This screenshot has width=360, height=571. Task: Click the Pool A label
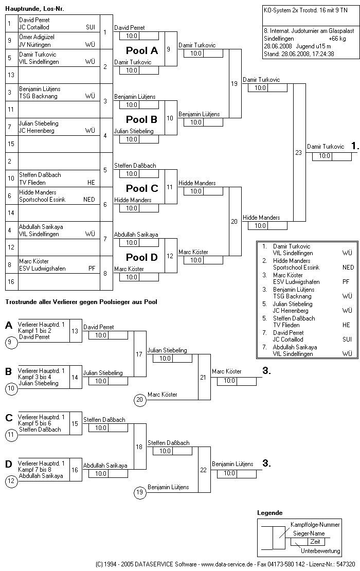pyautogui.click(x=142, y=50)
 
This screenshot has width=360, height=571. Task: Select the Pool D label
pyautogui.click(x=142, y=257)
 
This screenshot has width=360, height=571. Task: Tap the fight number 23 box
pyautogui.click(x=298, y=152)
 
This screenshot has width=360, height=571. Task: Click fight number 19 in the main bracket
pyautogui.click(x=234, y=83)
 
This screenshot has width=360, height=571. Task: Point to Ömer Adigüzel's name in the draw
pyautogui.click(x=37, y=37)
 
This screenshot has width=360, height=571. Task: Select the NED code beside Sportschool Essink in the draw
pyautogui.click(x=89, y=200)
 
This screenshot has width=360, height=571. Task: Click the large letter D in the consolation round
pyautogui.click(x=9, y=465)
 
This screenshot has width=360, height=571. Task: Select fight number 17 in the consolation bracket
pyautogui.click(x=139, y=354)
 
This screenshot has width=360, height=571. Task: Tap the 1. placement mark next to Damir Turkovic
pyautogui.click(x=355, y=146)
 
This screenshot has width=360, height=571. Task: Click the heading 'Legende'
pyautogui.click(x=269, y=513)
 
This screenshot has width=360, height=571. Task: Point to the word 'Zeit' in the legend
pyautogui.click(x=315, y=542)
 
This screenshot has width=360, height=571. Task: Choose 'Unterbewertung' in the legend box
pyautogui.click(x=320, y=551)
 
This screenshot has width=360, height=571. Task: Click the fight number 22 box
pyautogui.click(x=203, y=470)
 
